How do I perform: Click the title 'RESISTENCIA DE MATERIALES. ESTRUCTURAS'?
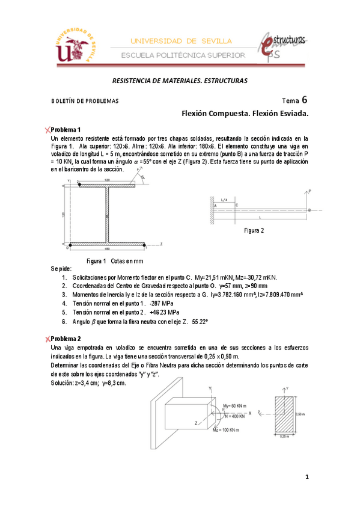coord(180,81)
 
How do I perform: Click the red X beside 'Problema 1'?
coord(47,130)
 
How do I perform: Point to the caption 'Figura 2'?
coord(254,230)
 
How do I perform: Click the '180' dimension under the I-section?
coord(107,249)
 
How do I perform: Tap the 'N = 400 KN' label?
coord(235,415)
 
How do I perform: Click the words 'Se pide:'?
coord(61,268)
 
